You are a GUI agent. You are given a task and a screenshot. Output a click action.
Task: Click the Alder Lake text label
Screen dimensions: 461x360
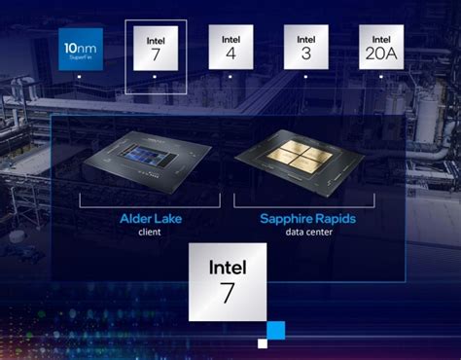pyautogui.click(x=147, y=219)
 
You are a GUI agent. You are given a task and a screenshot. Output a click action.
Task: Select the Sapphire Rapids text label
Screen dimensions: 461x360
pyautogui.click(x=307, y=219)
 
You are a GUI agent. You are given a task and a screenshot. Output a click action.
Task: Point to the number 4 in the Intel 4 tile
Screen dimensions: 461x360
pyautogui.click(x=230, y=55)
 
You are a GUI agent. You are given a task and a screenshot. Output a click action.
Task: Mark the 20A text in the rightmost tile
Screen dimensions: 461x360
pyautogui.click(x=381, y=55)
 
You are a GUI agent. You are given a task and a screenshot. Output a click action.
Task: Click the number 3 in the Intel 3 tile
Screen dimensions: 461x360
pyautogui.click(x=306, y=55)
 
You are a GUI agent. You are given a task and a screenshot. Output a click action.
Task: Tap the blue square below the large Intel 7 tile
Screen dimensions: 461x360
pyautogui.click(x=275, y=330)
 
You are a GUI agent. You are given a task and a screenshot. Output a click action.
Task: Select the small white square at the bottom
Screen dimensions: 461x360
pyautogui.click(x=263, y=342)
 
